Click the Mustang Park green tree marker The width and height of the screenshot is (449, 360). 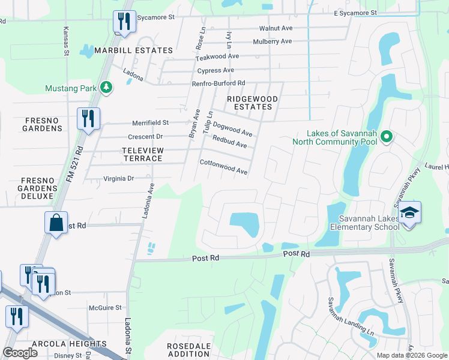106,88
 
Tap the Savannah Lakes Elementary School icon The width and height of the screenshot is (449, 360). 409,213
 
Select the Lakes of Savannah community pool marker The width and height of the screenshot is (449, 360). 387,137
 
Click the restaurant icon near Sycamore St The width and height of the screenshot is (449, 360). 124,22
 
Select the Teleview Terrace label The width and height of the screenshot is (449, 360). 142,154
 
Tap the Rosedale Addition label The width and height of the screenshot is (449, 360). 189,350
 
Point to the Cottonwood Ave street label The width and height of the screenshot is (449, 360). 223,167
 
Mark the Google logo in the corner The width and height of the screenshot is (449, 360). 20,353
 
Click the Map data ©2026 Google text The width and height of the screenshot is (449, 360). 411,355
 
